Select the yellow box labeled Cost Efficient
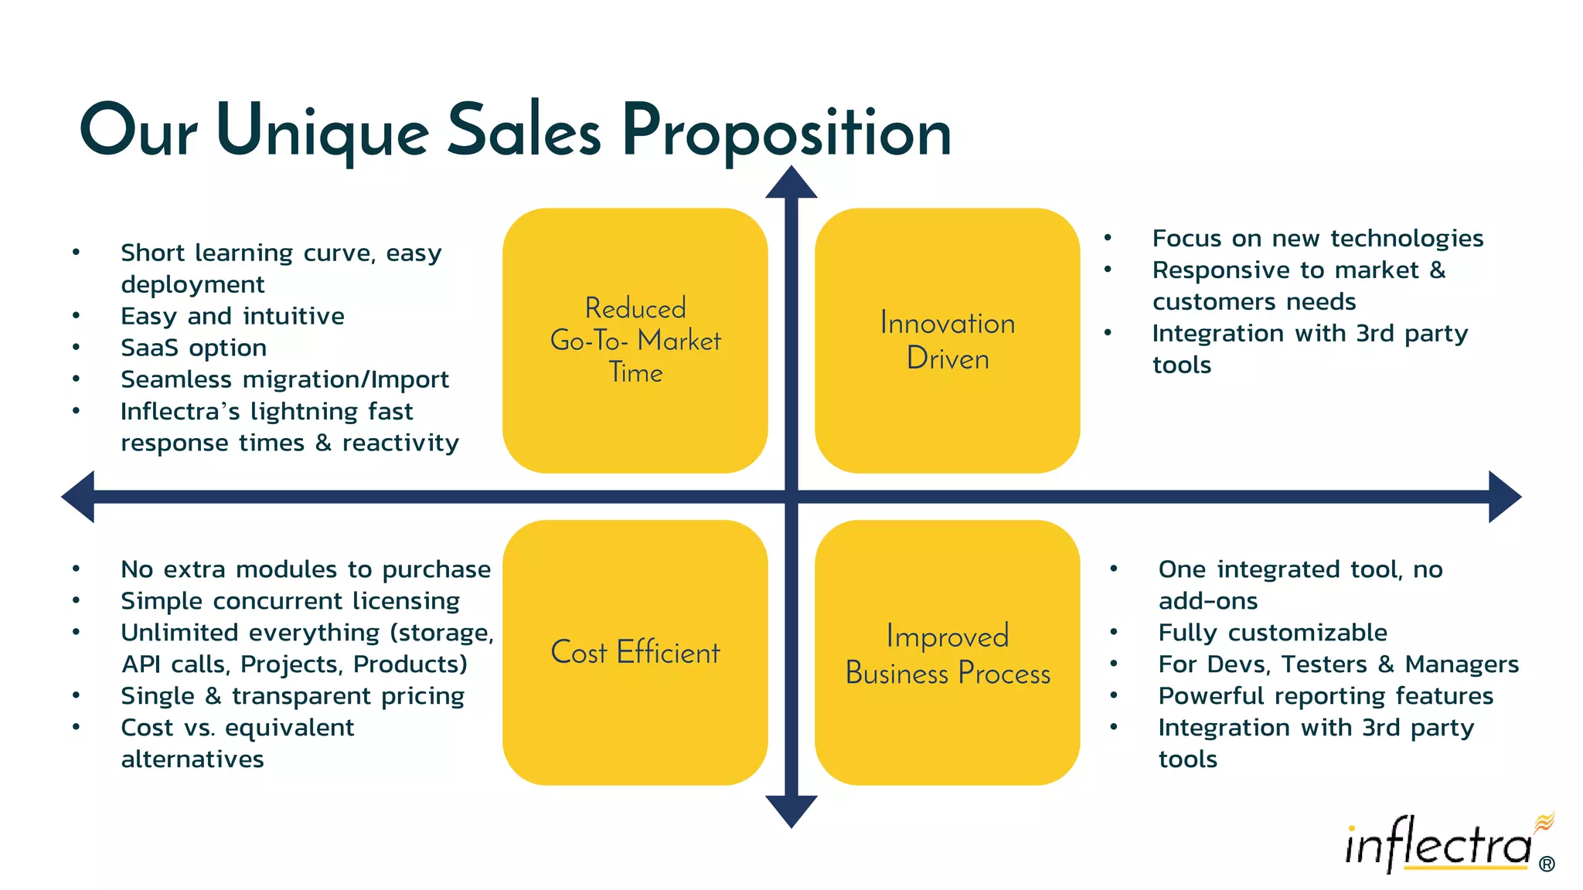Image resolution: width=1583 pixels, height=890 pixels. pos(635,653)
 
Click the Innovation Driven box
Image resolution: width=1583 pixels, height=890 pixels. pos(947,341)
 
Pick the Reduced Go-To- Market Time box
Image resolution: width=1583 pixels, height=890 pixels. pos(635,341)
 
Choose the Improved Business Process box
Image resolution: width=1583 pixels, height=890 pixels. pos(947,653)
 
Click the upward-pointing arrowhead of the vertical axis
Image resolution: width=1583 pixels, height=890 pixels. pos(791,184)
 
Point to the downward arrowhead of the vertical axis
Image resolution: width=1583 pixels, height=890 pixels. pos(791,810)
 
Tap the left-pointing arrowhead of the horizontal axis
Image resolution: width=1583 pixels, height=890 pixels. pos(80,497)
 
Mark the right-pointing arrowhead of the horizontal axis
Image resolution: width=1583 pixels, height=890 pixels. pos(1503,497)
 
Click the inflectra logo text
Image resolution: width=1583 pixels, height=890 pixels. pos(1438,846)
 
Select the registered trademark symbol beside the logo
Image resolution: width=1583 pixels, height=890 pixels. pos(1547,865)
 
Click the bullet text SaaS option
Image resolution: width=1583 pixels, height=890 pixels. pos(193,348)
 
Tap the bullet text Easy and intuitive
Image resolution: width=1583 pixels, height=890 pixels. pos(232,316)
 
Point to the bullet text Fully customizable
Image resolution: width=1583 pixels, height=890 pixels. pos(1272,633)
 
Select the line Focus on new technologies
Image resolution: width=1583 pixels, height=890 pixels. pos(1317,238)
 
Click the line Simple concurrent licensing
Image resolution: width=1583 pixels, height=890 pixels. pos(290,601)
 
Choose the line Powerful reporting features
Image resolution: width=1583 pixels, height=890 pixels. pos(1326,696)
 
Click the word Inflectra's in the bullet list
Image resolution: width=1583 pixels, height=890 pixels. pos(180,411)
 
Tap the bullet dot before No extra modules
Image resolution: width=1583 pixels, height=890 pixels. pos(77,569)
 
